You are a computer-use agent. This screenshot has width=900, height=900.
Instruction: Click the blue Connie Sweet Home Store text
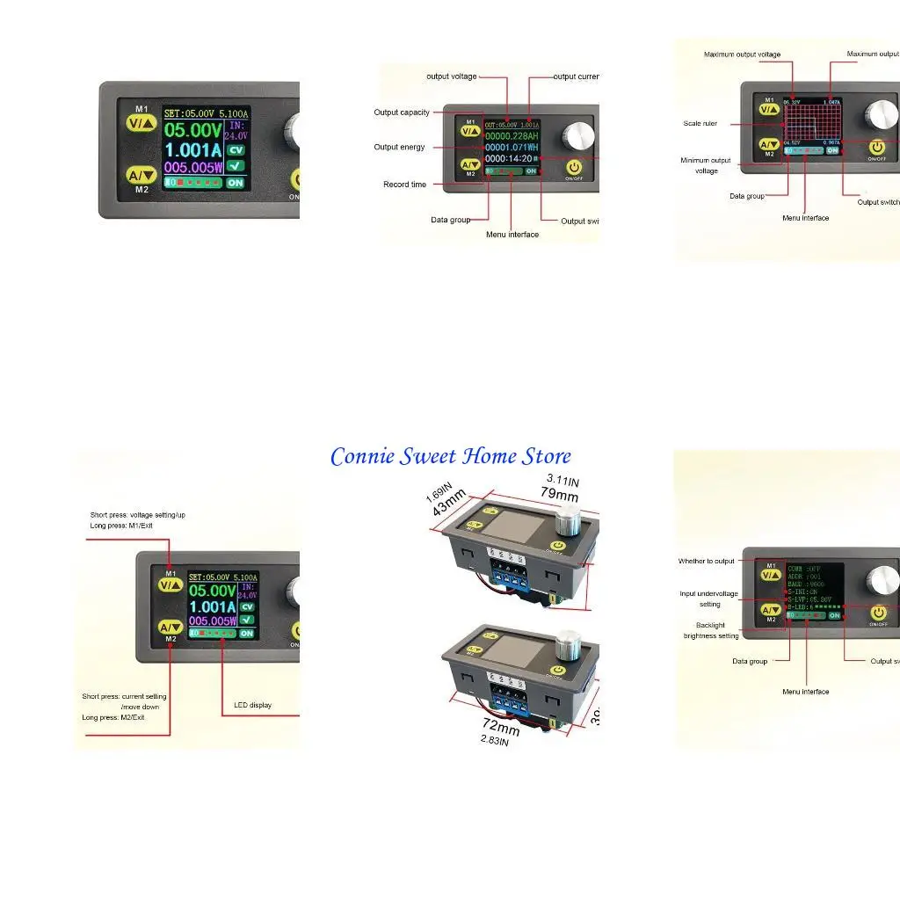450,457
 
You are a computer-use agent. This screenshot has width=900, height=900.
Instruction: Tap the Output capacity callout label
402,112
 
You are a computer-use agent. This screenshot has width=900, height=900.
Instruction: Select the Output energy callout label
399,147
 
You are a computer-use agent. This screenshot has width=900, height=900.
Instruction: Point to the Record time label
404,185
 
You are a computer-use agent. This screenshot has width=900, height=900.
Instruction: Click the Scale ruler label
700,124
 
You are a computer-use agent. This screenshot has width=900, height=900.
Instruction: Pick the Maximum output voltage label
742,54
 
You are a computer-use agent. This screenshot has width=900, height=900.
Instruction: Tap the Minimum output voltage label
706,165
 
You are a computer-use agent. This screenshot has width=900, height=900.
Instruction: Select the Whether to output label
706,561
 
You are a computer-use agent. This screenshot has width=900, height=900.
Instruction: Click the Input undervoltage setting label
708,599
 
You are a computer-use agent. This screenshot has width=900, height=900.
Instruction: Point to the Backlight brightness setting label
711,630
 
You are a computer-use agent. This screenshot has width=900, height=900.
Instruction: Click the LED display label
252,705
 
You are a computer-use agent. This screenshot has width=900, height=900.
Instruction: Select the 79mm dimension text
559,493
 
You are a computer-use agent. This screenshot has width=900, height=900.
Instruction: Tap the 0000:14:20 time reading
509,158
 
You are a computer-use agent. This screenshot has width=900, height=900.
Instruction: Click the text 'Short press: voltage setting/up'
138,515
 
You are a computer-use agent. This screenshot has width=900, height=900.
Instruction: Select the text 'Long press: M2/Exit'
113,717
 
